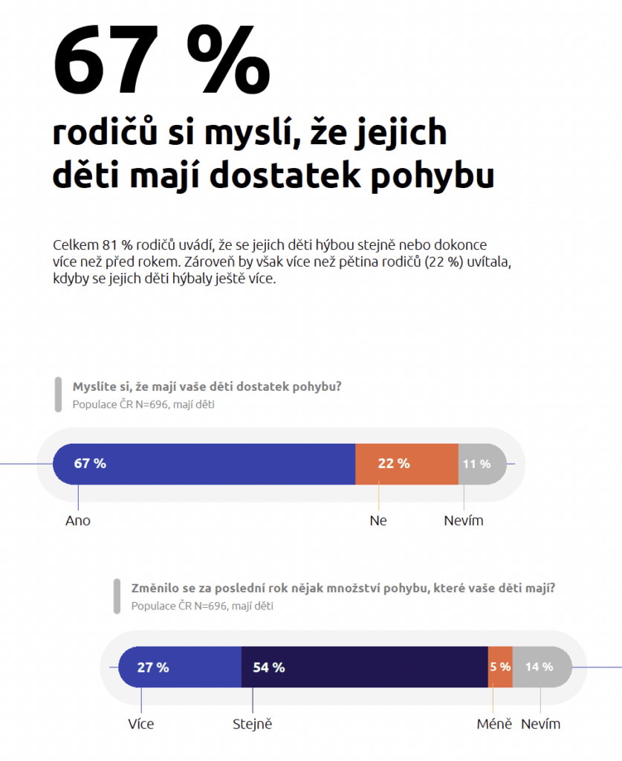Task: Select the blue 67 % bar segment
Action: pos(204,464)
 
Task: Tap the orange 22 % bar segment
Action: pos(406,464)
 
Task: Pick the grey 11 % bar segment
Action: pos(480,464)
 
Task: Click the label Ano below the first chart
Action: pos(78,521)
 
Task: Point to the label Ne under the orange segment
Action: pos(378,521)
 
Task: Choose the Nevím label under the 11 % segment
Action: pos(464,521)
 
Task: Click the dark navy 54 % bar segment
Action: pos(364,667)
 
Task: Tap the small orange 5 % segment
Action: pos(500,667)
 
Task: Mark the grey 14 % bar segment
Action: pos(542,667)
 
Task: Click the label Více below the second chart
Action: pos(140,724)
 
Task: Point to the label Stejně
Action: pos(253,724)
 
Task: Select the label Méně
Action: pos(494,724)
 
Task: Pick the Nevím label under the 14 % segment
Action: pos(541,724)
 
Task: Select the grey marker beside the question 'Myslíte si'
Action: pos(57,394)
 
